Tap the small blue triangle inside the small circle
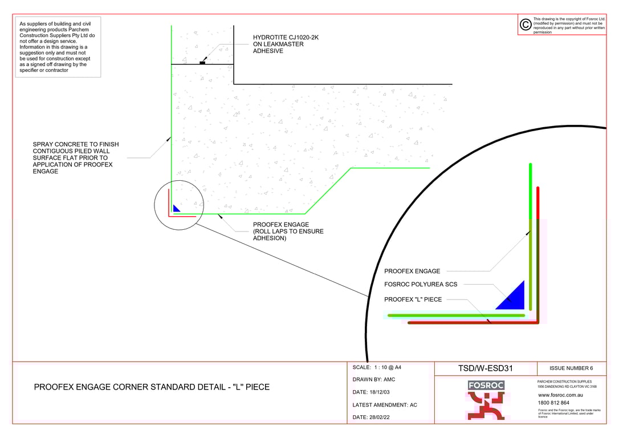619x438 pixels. pos(176,209)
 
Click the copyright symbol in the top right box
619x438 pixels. pos(526,25)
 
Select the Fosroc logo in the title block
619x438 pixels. pos(486,400)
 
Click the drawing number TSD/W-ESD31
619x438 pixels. pos(486,368)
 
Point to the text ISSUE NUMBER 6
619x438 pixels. pos(571,368)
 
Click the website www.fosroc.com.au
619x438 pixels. pos(560,395)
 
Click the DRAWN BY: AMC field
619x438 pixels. pos(374,380)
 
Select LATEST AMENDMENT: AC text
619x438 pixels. pos(385,405)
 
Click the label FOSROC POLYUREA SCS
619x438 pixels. pos(421,284)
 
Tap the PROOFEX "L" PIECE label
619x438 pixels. pos(413,299)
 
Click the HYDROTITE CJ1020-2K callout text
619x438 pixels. pos(286,38)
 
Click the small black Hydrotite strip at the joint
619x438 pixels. pos(202,63)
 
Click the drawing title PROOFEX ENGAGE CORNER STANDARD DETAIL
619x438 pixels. pos(152,387)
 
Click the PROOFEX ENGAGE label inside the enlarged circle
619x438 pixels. pos(412,271)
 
